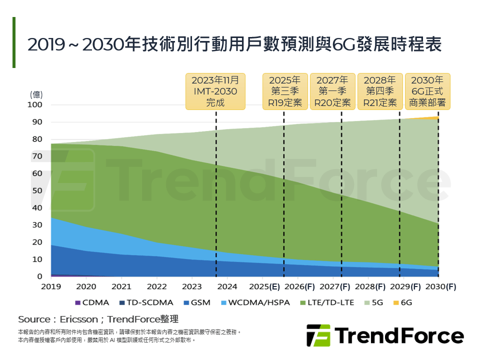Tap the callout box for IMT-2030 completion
coord(215,91)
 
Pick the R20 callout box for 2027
coord(332,91)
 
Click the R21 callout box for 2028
coord(379,91)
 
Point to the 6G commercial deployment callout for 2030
coord(427,91)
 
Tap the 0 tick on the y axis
coord(39,276)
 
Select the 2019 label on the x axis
coord(51,286)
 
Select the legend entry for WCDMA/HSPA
coord(248,303)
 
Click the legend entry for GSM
coord(194,303)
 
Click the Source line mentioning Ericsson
coord(98,319)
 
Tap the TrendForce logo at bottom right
coord(384,335)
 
